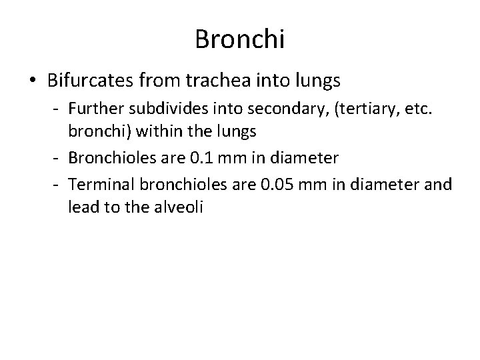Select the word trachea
[217, 81]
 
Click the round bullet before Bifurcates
[32, 82]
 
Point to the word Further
[93, 109]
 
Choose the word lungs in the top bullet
[315, 81]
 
